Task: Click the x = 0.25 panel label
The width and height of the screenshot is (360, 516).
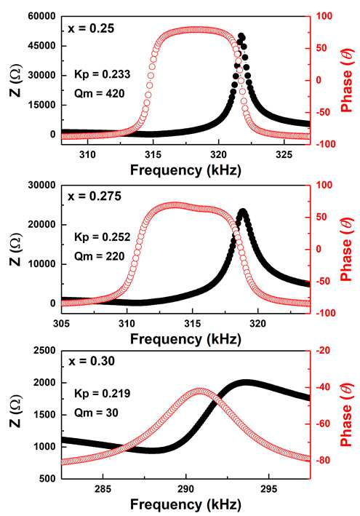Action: pos(91,28)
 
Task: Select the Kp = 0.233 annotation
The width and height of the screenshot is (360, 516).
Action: pos(103,74)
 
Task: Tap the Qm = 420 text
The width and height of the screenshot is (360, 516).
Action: pos(100,94)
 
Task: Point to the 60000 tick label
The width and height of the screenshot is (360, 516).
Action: pos(41,16)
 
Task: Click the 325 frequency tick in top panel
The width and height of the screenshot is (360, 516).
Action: pos(284,154)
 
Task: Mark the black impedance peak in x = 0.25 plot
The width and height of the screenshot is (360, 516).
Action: pos(241,36)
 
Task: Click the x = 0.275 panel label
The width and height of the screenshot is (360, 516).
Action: pos(95,197)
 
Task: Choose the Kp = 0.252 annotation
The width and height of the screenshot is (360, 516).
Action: pos(103,237)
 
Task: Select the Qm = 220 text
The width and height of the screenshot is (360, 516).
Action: pos(100,256)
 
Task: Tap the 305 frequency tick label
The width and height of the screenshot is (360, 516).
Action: pos(62,323)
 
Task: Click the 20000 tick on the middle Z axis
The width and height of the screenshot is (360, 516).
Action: pos(41,225)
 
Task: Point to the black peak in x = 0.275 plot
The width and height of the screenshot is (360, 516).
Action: pos(243,211)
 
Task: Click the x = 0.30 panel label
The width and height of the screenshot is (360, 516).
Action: pos(92,361)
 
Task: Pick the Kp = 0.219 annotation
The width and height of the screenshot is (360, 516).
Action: pos(103,393)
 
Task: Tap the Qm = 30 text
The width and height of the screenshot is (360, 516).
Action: pos(96,413)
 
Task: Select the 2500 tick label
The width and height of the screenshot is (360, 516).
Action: pos(44,351)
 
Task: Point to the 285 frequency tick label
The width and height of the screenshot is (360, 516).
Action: pos(103,489)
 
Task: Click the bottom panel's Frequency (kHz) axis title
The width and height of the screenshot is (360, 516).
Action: pos(185,504)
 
